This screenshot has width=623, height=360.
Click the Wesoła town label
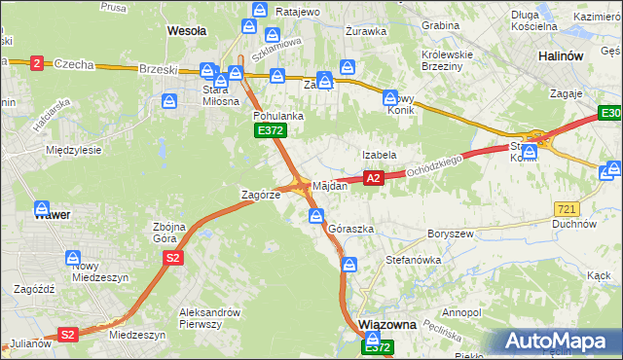187,31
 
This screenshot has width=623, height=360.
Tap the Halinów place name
561,56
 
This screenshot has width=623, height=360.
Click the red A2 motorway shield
373,178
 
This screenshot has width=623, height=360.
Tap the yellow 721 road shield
568,209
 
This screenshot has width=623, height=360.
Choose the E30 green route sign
610,116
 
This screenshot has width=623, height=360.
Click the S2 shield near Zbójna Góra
172,258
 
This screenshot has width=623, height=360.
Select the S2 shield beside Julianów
67,334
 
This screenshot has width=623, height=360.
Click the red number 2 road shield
37,63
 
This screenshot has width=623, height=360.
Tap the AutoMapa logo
558,341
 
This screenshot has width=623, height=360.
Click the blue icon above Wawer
42,208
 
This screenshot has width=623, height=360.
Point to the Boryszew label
450,234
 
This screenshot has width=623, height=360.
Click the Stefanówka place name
414,261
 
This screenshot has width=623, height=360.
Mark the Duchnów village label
573,223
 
